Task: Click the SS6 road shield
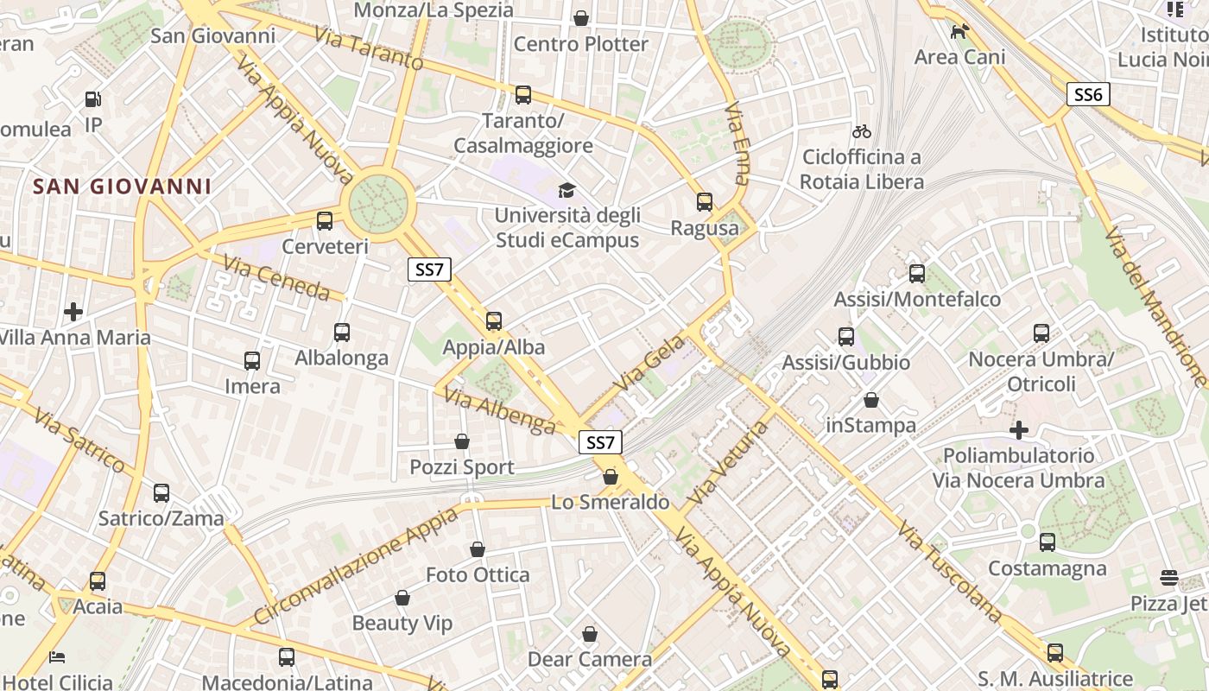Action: (1088, 94)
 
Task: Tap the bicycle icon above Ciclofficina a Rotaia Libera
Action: (861, 131)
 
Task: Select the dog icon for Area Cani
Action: (959, 32)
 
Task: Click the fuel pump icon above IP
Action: (93, 99)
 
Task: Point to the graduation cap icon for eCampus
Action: (567, 190)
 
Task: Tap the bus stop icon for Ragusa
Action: (705, 202)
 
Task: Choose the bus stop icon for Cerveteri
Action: (325, 220)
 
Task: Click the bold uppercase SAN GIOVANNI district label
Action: (122, 186)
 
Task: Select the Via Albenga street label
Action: (499, 409)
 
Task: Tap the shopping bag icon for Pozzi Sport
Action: (462, 441)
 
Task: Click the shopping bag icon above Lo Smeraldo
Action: (611, 476)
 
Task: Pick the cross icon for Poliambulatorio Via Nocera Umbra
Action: (1019, 429)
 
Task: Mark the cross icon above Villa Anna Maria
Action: (73, 311)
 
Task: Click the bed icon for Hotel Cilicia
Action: (57, 657)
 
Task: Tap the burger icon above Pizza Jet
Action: (1169, 577)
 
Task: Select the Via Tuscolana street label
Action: (950, 570)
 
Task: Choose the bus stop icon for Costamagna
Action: (1048, 542)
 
